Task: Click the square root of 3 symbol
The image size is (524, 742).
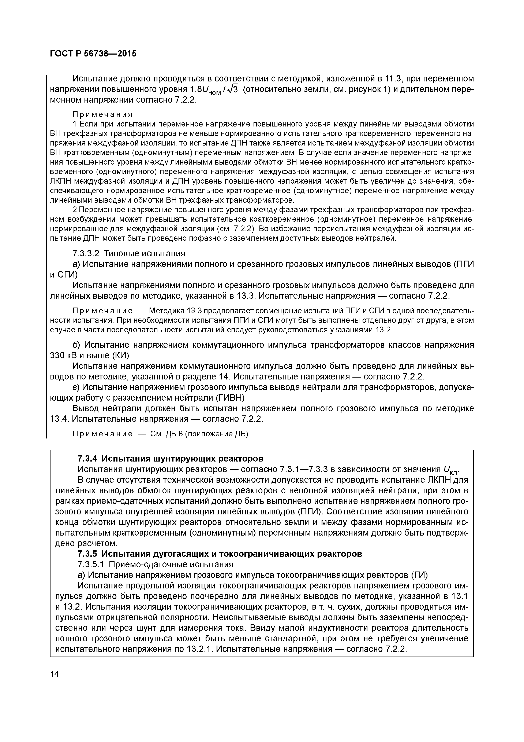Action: coord(232,89)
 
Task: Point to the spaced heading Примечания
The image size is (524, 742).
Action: coord(103,114)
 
